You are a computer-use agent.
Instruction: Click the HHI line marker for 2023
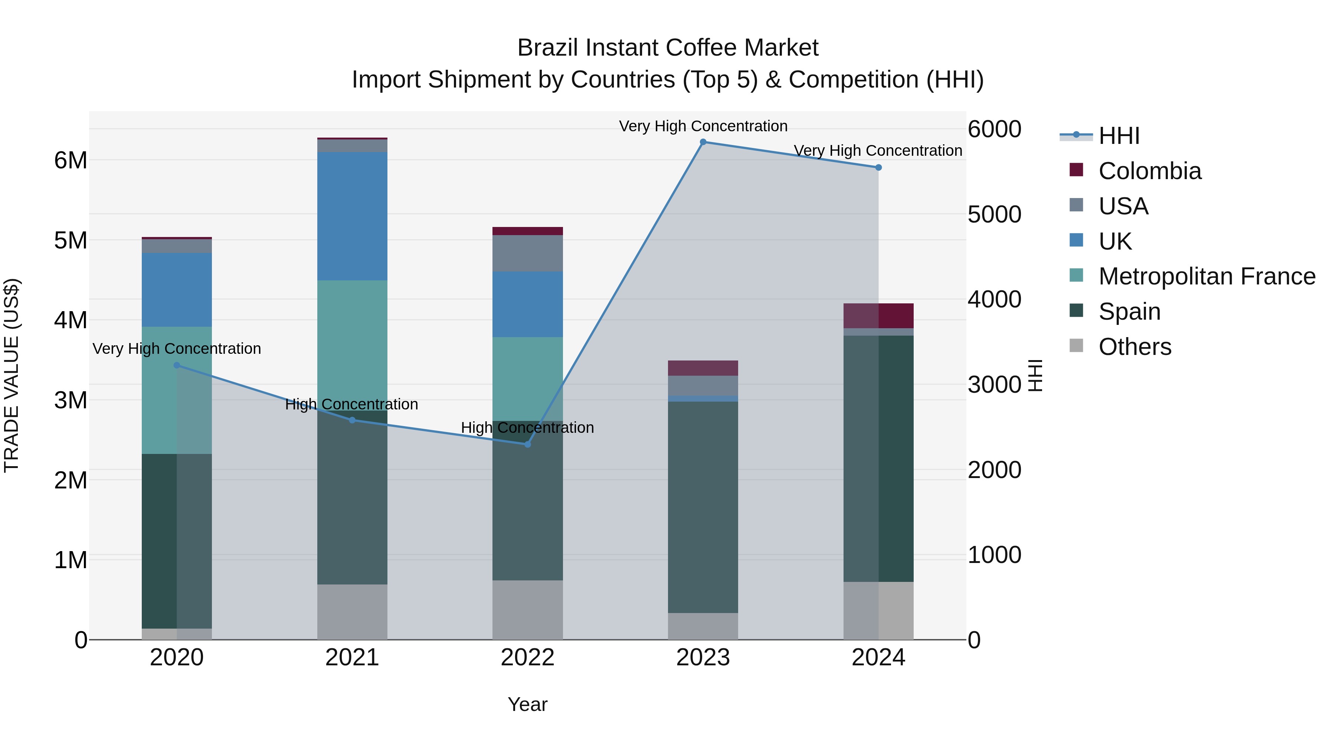703,142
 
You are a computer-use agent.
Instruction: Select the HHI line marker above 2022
527,444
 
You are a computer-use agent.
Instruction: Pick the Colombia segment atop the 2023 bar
703,368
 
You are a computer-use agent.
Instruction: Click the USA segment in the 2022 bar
527,253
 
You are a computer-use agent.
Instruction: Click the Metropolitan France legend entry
1206,276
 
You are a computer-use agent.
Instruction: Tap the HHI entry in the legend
1119,136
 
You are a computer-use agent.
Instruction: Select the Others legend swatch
1076,346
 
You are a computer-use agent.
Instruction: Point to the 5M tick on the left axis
71,240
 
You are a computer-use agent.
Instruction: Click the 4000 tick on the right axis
994,300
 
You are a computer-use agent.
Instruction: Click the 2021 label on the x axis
352,658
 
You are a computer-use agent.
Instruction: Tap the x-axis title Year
527,704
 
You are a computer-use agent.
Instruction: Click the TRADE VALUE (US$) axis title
12,375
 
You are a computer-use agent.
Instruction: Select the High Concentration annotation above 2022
527,428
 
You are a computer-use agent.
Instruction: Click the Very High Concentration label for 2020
177,349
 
